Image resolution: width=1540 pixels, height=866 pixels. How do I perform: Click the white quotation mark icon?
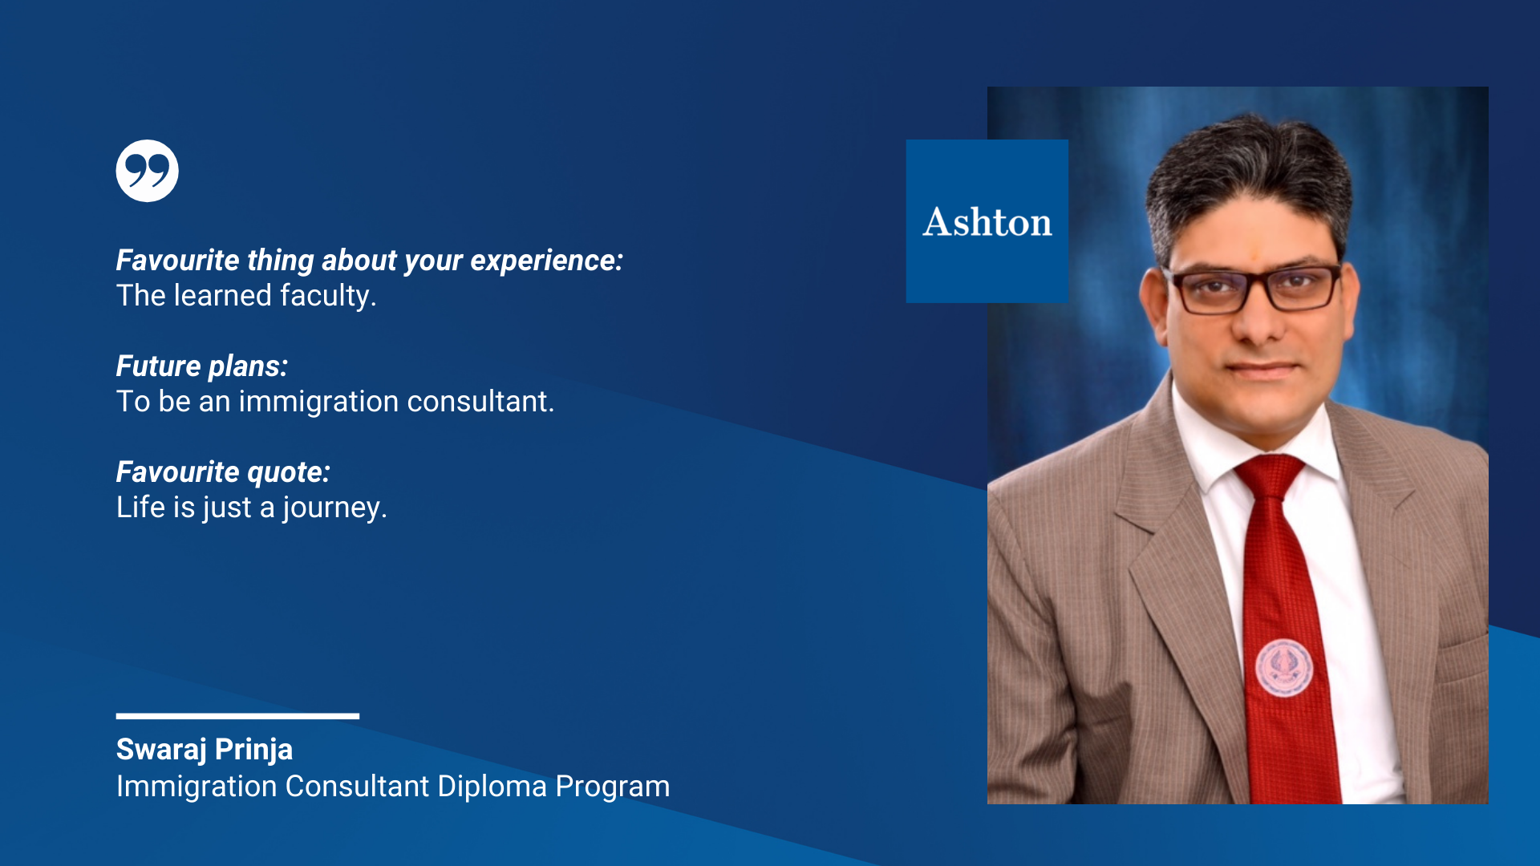point(147,171)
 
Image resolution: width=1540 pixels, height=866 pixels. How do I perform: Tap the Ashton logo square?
point(987,221)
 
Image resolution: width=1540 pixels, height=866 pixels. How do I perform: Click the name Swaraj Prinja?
point(205,750)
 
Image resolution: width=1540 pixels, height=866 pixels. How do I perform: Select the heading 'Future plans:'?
point(202,366)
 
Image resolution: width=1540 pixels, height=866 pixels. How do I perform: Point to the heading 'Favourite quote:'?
point(223,472)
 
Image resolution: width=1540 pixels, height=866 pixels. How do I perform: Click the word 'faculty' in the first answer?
point(328,296)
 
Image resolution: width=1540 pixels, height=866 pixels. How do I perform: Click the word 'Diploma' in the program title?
point(492,787)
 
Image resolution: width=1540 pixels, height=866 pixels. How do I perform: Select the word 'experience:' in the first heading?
point(547,261)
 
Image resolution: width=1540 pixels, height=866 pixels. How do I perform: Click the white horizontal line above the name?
point(237,716)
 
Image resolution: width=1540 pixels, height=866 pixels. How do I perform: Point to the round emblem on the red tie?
point(1283,668)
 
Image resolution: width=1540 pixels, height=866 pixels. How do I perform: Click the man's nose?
point(1259,321)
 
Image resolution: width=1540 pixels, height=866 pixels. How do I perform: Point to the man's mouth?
point(1263,370)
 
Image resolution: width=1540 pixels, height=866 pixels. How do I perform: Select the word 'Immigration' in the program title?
point(197,787)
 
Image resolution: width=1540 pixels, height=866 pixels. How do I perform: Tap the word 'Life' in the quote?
point(140,508)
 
